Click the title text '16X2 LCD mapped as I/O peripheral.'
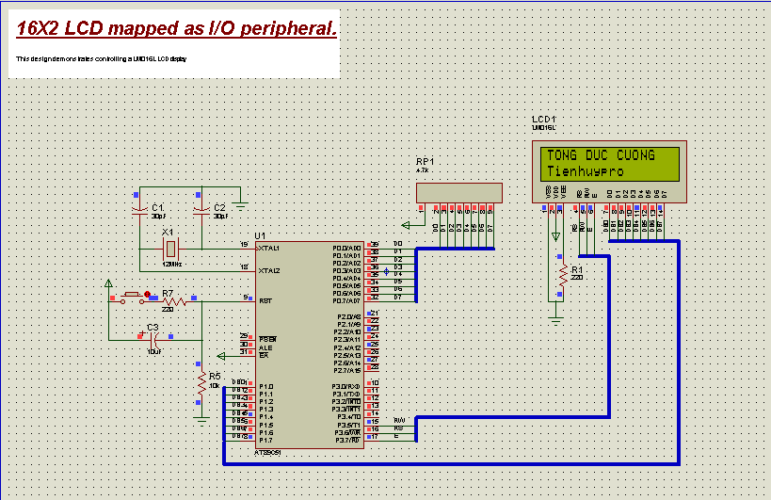176,29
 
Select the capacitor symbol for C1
139,207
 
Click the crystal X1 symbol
169,249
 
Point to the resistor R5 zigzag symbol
201,385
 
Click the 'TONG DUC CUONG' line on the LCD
601,155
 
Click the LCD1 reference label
544,120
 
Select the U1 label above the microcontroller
260,235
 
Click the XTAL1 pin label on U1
268,248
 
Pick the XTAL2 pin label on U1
268,270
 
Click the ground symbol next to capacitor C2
241,202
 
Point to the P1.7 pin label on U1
266,440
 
